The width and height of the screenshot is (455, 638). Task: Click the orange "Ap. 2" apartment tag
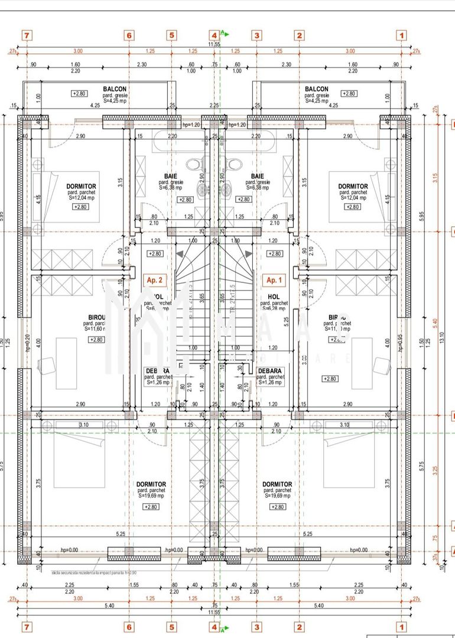[153, 280]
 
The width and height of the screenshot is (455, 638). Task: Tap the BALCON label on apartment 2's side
[115, 89]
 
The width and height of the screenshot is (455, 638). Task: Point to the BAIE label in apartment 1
[257, 176]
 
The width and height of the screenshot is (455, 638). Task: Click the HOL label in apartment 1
[274, 297]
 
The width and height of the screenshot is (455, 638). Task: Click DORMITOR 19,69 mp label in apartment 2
[151, 484]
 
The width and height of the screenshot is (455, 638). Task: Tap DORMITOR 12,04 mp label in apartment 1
[353, 186]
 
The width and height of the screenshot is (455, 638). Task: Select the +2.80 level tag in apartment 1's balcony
[350, 93]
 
